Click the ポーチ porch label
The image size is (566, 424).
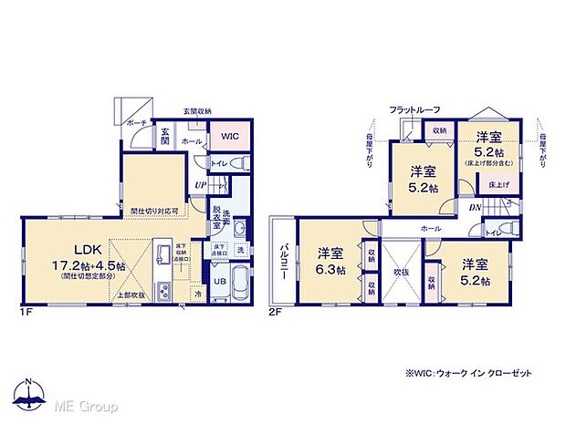[137, 123]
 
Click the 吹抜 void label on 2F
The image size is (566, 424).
[400, 272]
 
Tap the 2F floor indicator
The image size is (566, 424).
[276, 313]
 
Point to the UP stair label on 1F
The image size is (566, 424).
[199, 185]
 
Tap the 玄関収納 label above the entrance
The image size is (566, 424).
[196, 111]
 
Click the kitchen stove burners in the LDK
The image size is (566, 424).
[162, 293]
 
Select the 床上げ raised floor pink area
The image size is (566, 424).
[495, 185]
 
